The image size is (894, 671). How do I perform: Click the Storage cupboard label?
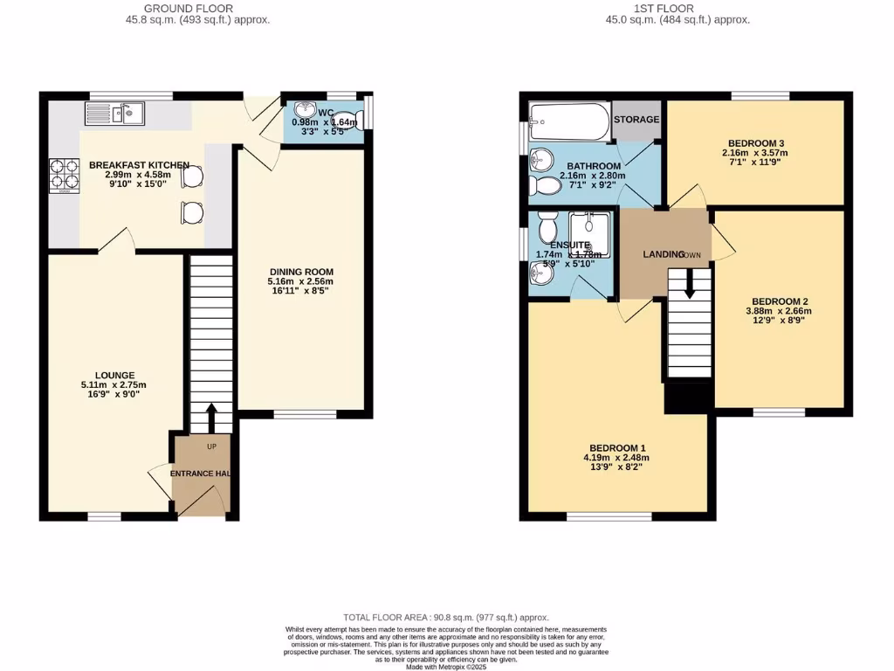tap(636, 120)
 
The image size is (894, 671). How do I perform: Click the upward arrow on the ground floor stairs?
tap(210, 417)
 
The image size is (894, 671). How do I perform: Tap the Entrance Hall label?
tap(200, 474)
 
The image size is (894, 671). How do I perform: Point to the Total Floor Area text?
tap(446, 619)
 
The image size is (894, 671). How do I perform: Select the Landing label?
tap(664, 254)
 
